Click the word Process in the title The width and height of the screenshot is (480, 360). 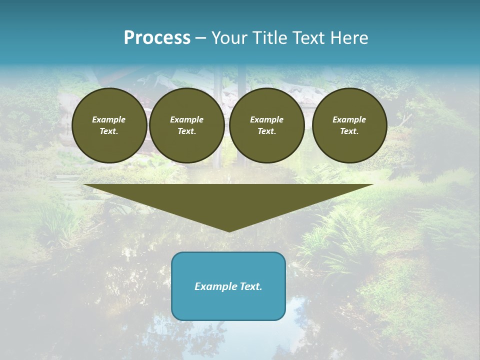pyautogui.click(x=157, y=38)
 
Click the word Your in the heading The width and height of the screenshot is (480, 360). pyautogui.click(x=229, y=38)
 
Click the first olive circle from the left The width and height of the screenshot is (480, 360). pyautogui.click(x=109, y=125)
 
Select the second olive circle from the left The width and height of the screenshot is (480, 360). pyautogui.click(x=187, y=125)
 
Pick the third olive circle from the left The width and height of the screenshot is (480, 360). pyautogui.click(x=267, y=125)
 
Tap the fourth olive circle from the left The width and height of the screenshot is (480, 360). pyautogui.click(x=349, y=125)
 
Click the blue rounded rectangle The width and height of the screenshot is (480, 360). pyautogui.click(x=228, y=286)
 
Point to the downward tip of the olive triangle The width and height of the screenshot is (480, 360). pyautogui.click(x=229, y=230)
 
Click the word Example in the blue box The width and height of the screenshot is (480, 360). pyautogui.click(x=215, y=286)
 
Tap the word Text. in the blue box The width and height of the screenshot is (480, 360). pyautogui.click(x=250, y=286)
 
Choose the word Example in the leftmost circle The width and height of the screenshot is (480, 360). pyautogui.click(x=109, y=119)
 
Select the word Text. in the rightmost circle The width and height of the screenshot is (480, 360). pyautogui.click(x=349, y=131)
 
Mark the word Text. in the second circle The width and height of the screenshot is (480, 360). pyautogui.click(x=187, y=131)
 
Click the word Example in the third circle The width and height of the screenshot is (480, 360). pyautogui.click(x=267, y=119)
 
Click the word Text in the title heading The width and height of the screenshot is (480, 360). pyautogui.click(x=307, y=38)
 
